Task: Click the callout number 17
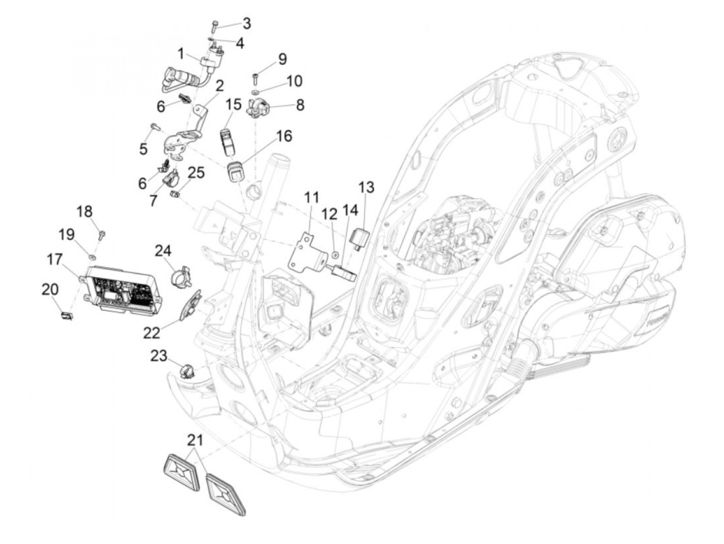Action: [55, 259]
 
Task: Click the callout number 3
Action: [247, 23]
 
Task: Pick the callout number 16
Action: [284, 136]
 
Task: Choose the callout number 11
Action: [312, 198]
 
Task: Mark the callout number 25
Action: [196, 172]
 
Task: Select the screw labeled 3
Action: [215, 25]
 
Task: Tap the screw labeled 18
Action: [101, 235]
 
